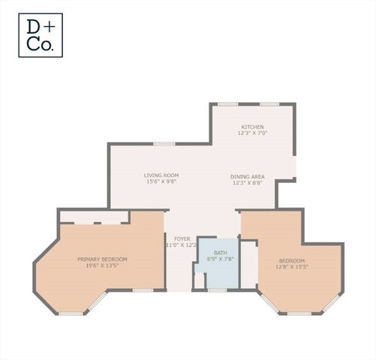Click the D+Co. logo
(41, 36)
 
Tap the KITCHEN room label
(252, 127)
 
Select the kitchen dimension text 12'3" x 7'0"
(252, 133)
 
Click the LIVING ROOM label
(161, 175)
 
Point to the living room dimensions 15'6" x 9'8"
(161, 181)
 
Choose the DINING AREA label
(247, 176)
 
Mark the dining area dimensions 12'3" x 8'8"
(247, 183)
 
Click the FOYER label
(182, 238)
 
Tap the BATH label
(220, 252)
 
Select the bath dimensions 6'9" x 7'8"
(220, 259)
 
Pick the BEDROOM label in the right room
(291, 260)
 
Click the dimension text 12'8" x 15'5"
(291, 267)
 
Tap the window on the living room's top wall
(164, 143)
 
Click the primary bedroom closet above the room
(95, 217)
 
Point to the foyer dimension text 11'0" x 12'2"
(182, 244)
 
